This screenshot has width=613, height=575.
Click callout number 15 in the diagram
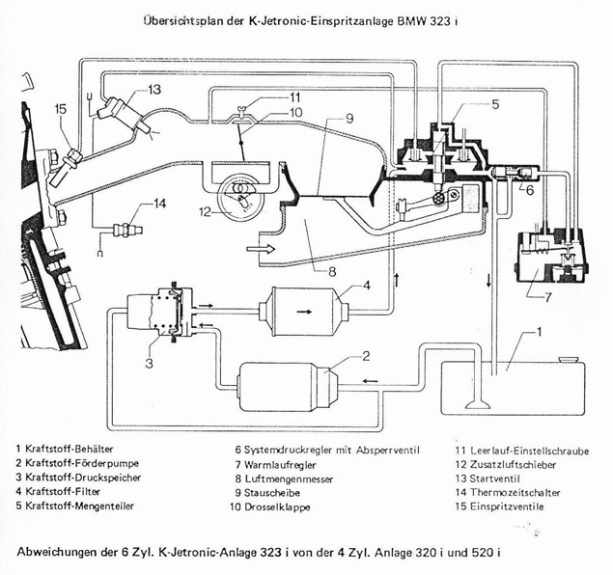tap(60, 110)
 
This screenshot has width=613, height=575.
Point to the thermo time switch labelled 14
tap(122, 230)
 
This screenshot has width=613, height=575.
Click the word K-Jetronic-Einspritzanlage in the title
tap(339, 20)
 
